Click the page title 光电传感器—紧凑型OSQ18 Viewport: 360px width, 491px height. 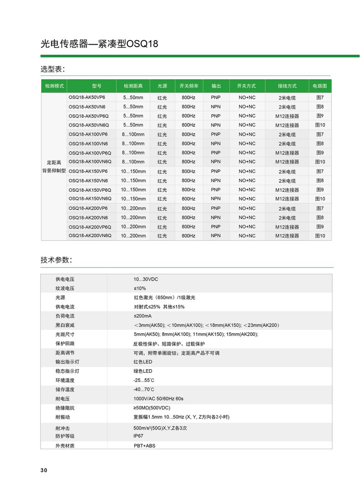pyautogui.click(x=99, y=44)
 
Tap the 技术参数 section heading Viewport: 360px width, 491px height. pyautogui.click(x=56, y=260)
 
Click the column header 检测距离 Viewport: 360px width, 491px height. pyautogui.click(x=133, y=86)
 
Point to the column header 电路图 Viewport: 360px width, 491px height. pyautogui.click(x=320, y=86)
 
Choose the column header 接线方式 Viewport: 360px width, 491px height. pyautogui.click(x=287, y=86)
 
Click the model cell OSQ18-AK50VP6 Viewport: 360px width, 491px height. pyautogui.click(x=87, y=97)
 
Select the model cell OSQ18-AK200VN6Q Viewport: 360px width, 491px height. pyautogui.click(x=90, y=236)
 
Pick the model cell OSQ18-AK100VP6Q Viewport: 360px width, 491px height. pyautogui.click(x=90, y=153)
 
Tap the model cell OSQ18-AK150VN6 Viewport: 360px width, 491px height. pyautogui.click(x=88, y=181)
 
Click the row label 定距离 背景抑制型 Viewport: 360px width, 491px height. pyautogui.click(x=54, y=167)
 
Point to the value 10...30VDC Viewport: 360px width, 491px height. pyautogui.click(x=146, y=279)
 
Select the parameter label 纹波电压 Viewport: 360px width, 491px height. pyautogui.click(x=65, y=289)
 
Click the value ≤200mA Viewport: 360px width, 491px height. pyautogui.click(x=142, y=316)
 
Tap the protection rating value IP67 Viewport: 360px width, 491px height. pyautogui.click(x=138, y=436)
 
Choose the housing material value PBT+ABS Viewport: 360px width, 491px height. pyautogui.click(x=144, y=446)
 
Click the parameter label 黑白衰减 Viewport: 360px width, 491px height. pyautogui.click(x=65, y=325)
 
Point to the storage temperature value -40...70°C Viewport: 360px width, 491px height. pyautogui.click(x=144, y=390)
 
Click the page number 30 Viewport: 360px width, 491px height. pyautogui.click(x=44, y=470)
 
